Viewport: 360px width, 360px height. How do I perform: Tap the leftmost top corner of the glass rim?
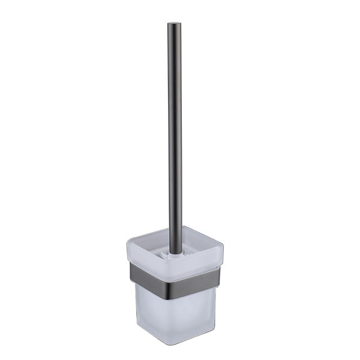[x=127, y=242]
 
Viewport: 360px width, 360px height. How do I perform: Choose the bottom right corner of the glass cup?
[x=213, y=327]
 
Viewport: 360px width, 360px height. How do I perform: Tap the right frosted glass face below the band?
[x=198, y=312]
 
